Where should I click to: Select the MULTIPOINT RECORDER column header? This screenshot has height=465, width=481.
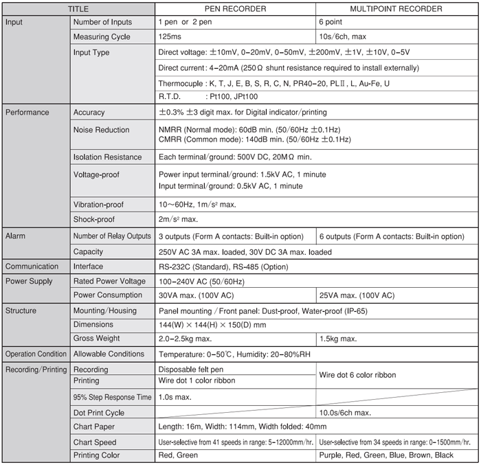[x=397, y=9]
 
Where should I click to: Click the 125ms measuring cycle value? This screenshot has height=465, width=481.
[x=170, y=37]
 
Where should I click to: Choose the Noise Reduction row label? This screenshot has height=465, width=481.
[x=101, y=129]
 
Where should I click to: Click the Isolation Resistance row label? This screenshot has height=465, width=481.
[x=107, y=157]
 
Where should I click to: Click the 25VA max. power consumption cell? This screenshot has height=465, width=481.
[x=357, y=295]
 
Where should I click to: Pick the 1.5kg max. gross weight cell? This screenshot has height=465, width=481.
[x=339, y=338]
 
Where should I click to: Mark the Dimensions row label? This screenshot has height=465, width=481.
[x=95, y=324]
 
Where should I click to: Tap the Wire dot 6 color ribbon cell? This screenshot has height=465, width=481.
[x=358, y=375]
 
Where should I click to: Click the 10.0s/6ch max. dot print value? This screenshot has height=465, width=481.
[x=346, y=413]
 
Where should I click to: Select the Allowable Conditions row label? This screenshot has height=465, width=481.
[x=109, y=354]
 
